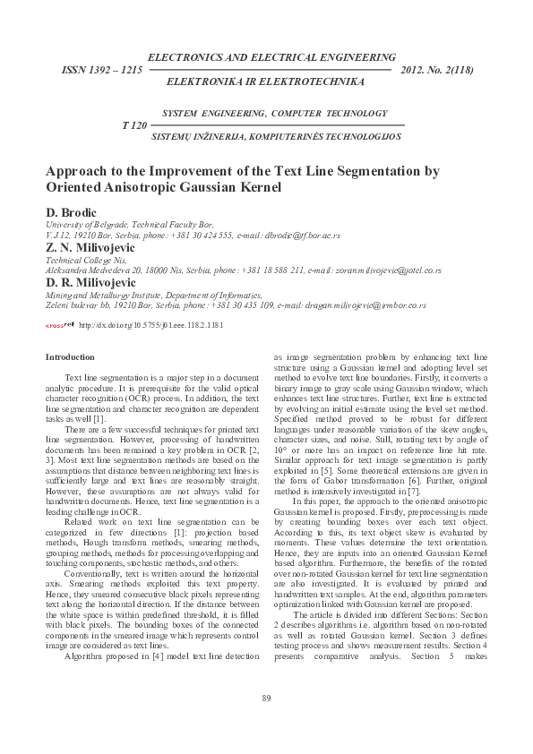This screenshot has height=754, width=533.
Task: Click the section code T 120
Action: tap(133, 124)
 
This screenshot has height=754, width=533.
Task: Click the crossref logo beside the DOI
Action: tap(59, 326)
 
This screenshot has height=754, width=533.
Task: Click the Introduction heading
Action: tap(69, 357)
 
